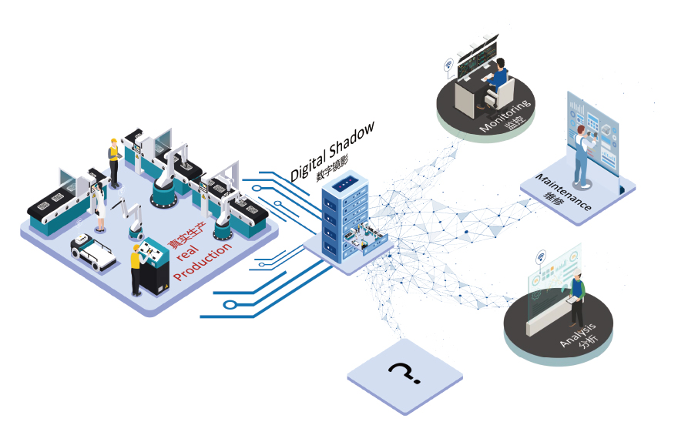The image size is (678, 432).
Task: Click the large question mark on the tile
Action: click(x=404, y=373)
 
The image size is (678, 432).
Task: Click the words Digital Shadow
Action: click(x=332, y=152)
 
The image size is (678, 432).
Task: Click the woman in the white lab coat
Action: click(x=99, y=205)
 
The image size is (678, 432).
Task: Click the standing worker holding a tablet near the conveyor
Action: click(x=114, y=162)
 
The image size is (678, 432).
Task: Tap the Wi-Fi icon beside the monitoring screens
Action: click(x=448, y=65)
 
